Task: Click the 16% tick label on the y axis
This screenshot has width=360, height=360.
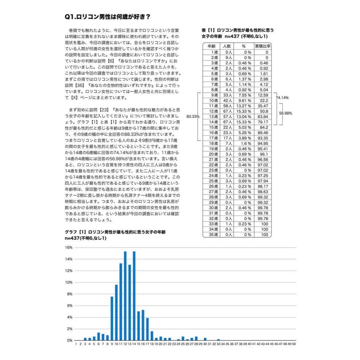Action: (x=69, y=247)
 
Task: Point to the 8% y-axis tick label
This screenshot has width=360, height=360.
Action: (x=70, y=294)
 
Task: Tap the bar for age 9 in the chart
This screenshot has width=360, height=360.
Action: (x=112, y=319)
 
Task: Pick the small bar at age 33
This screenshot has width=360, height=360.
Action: (x=218, y=340)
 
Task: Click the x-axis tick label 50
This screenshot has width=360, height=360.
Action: (x=294, y=345)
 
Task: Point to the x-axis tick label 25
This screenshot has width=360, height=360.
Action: (x=183, y=345)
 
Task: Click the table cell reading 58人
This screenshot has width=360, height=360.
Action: (x=227, y=106)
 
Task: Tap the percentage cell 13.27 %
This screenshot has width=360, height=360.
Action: (x=244, y=106)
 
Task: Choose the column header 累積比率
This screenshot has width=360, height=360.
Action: (x=262, y=46)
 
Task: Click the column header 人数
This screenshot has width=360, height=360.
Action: (x=227, y=46)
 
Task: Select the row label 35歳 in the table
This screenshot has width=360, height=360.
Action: (x=212, y=234)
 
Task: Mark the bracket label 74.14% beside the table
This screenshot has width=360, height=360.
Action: (x=282, y=98)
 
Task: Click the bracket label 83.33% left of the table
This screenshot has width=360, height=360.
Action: (x=193, y=116)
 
